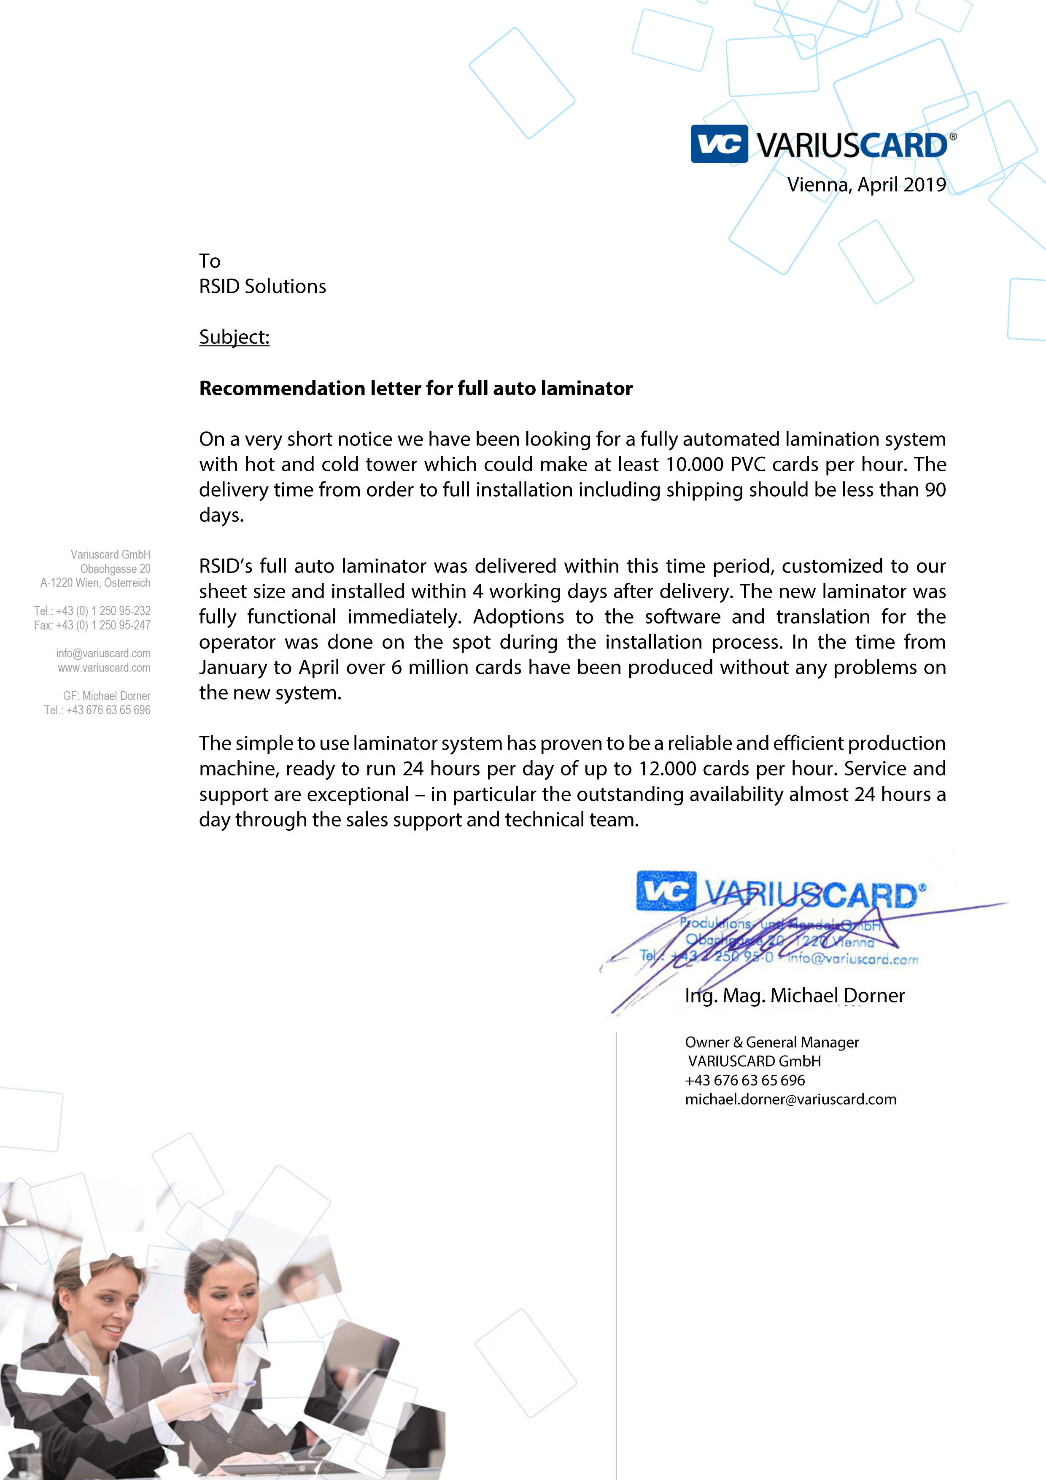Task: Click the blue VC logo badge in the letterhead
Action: [719, 144]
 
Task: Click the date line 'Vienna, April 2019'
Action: [866, 185]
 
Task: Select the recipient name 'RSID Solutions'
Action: [262, 286]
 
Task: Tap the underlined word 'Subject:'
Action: [234, 337]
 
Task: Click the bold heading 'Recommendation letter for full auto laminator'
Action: [416, 388]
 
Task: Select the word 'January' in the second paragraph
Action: [233, 668]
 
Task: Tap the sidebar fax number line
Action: [92, 625]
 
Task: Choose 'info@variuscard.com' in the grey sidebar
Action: [103, 654]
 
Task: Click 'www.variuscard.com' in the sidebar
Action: [104, 668]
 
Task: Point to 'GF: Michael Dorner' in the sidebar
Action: [106, 696]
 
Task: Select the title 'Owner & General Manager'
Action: [771, 1042]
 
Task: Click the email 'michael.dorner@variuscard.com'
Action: [790, 1100]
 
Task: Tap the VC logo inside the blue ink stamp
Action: [666, 891]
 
